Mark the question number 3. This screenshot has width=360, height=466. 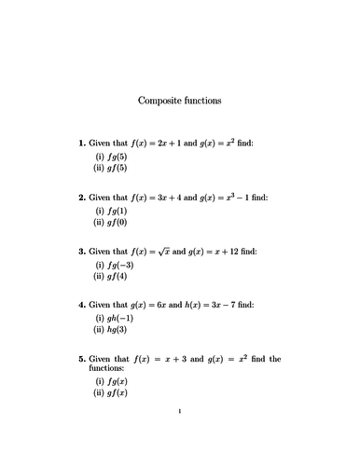81,252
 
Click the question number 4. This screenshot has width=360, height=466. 81,305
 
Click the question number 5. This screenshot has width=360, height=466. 81,359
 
